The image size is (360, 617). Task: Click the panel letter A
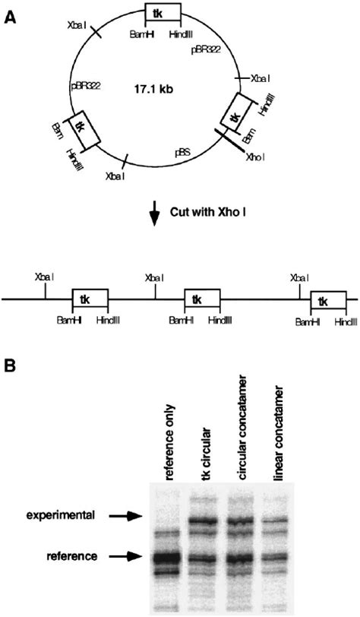[x=10, y=13]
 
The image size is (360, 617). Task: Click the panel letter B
[x=10, y=365]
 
